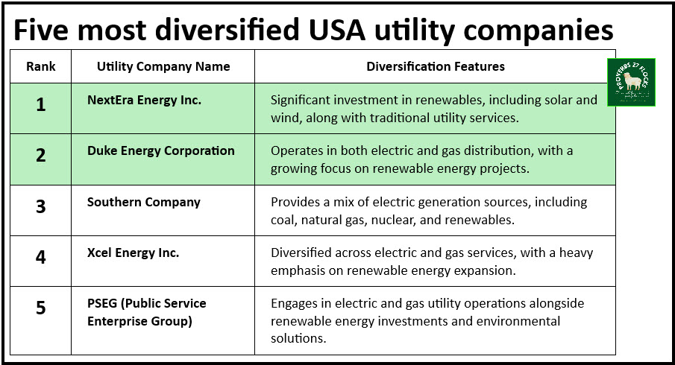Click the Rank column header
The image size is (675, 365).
pyautogui.click(x=41, y=66)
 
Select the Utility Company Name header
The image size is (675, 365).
pyautogui.click(x=163, y=66)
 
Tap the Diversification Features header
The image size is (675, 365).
pyautogui.click(x=436, y=66)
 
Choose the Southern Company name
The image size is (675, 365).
pyautogui.click(x=144, y=202)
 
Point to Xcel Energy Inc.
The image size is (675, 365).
pyautogui.click(x=133, y=253)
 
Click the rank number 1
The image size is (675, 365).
pyautogui.click(x=40, y=105)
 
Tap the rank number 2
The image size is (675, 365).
pyautogui.click(x=40, y=155)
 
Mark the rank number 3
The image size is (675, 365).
pyautogui.click(x=40, y=206)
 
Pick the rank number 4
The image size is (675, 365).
pyautogui.click(x=40, y=257)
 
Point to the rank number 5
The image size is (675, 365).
pyautogui.click(x=40, y=308)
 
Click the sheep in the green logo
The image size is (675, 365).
pyautogui.click(x=632, y=80)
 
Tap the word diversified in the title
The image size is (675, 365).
pyautogui.click(x=227, y=30)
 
